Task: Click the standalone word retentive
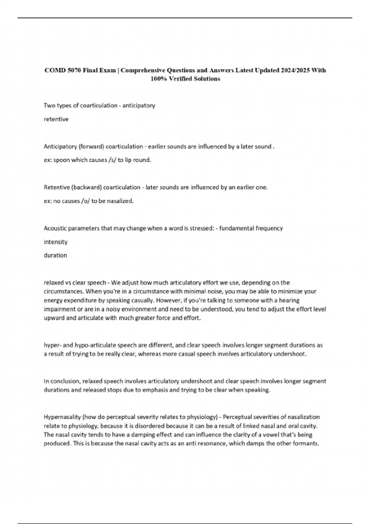coord(56,119)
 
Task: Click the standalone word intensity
coord(55,242)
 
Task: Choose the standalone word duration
coord(55,256)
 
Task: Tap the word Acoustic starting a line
coord(55,228)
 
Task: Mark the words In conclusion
coord(61,381)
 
